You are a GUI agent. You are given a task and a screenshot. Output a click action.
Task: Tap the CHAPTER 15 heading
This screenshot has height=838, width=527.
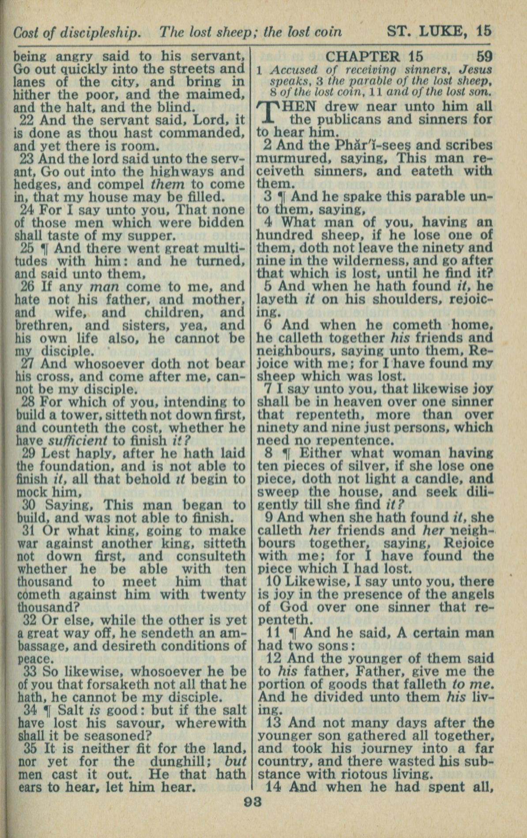[374, 57]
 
